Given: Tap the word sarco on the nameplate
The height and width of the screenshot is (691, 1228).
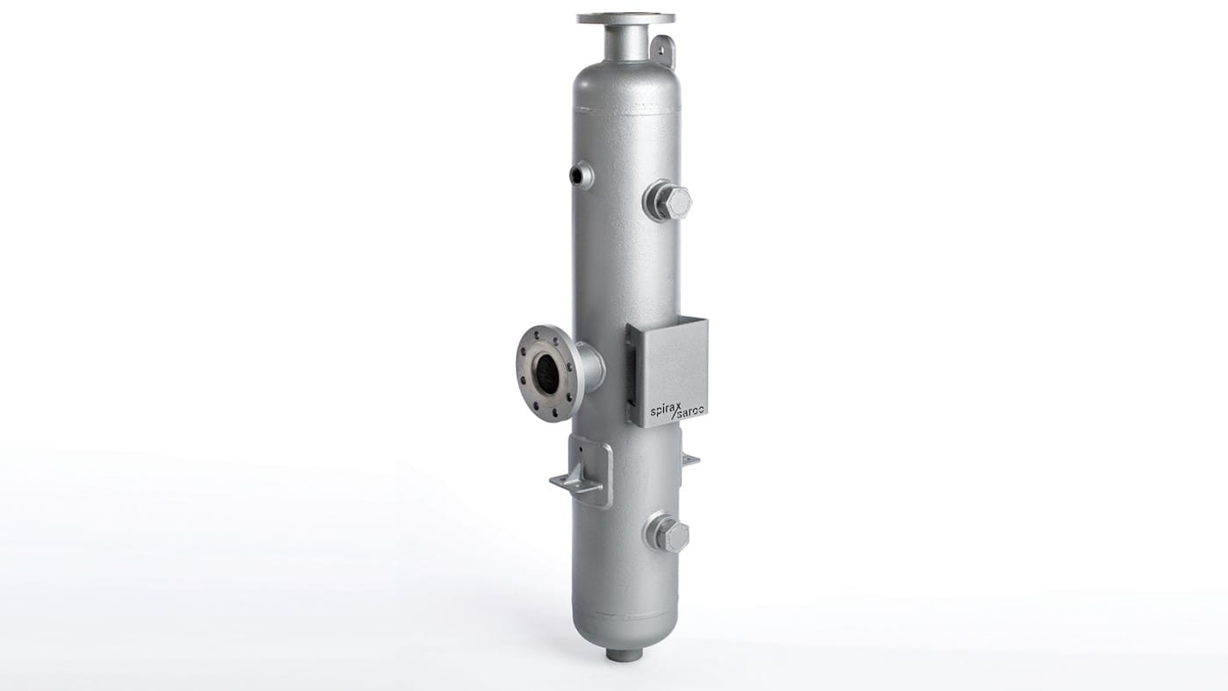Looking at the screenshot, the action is pos(692,411).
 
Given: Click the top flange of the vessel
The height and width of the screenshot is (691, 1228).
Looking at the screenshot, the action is pos(626,19).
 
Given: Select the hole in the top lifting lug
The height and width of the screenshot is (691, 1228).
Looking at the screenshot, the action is pos(661,49).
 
